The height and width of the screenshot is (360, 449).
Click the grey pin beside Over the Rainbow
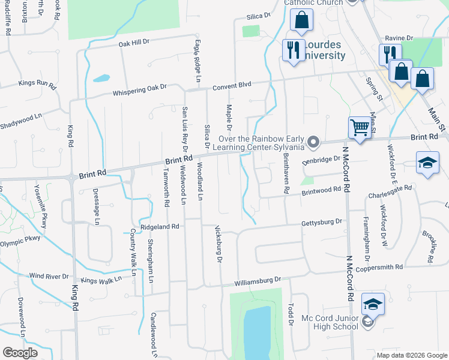tap(313, 142)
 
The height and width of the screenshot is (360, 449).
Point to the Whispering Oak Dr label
tap(140, 90)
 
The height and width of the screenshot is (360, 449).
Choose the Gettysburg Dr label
tap(322, 221)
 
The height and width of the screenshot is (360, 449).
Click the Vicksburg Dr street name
tap(218, 244)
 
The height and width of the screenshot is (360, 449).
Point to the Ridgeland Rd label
tap(160, 227)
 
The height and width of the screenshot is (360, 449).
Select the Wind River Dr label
tap(49, 276)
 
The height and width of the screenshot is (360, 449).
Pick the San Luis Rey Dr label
tap(185, 129)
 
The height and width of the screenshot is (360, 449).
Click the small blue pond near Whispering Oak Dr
tap(101, 78)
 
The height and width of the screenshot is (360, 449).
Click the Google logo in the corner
tap(20, 353)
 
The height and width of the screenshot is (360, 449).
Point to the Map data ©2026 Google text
tap(411, 355)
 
